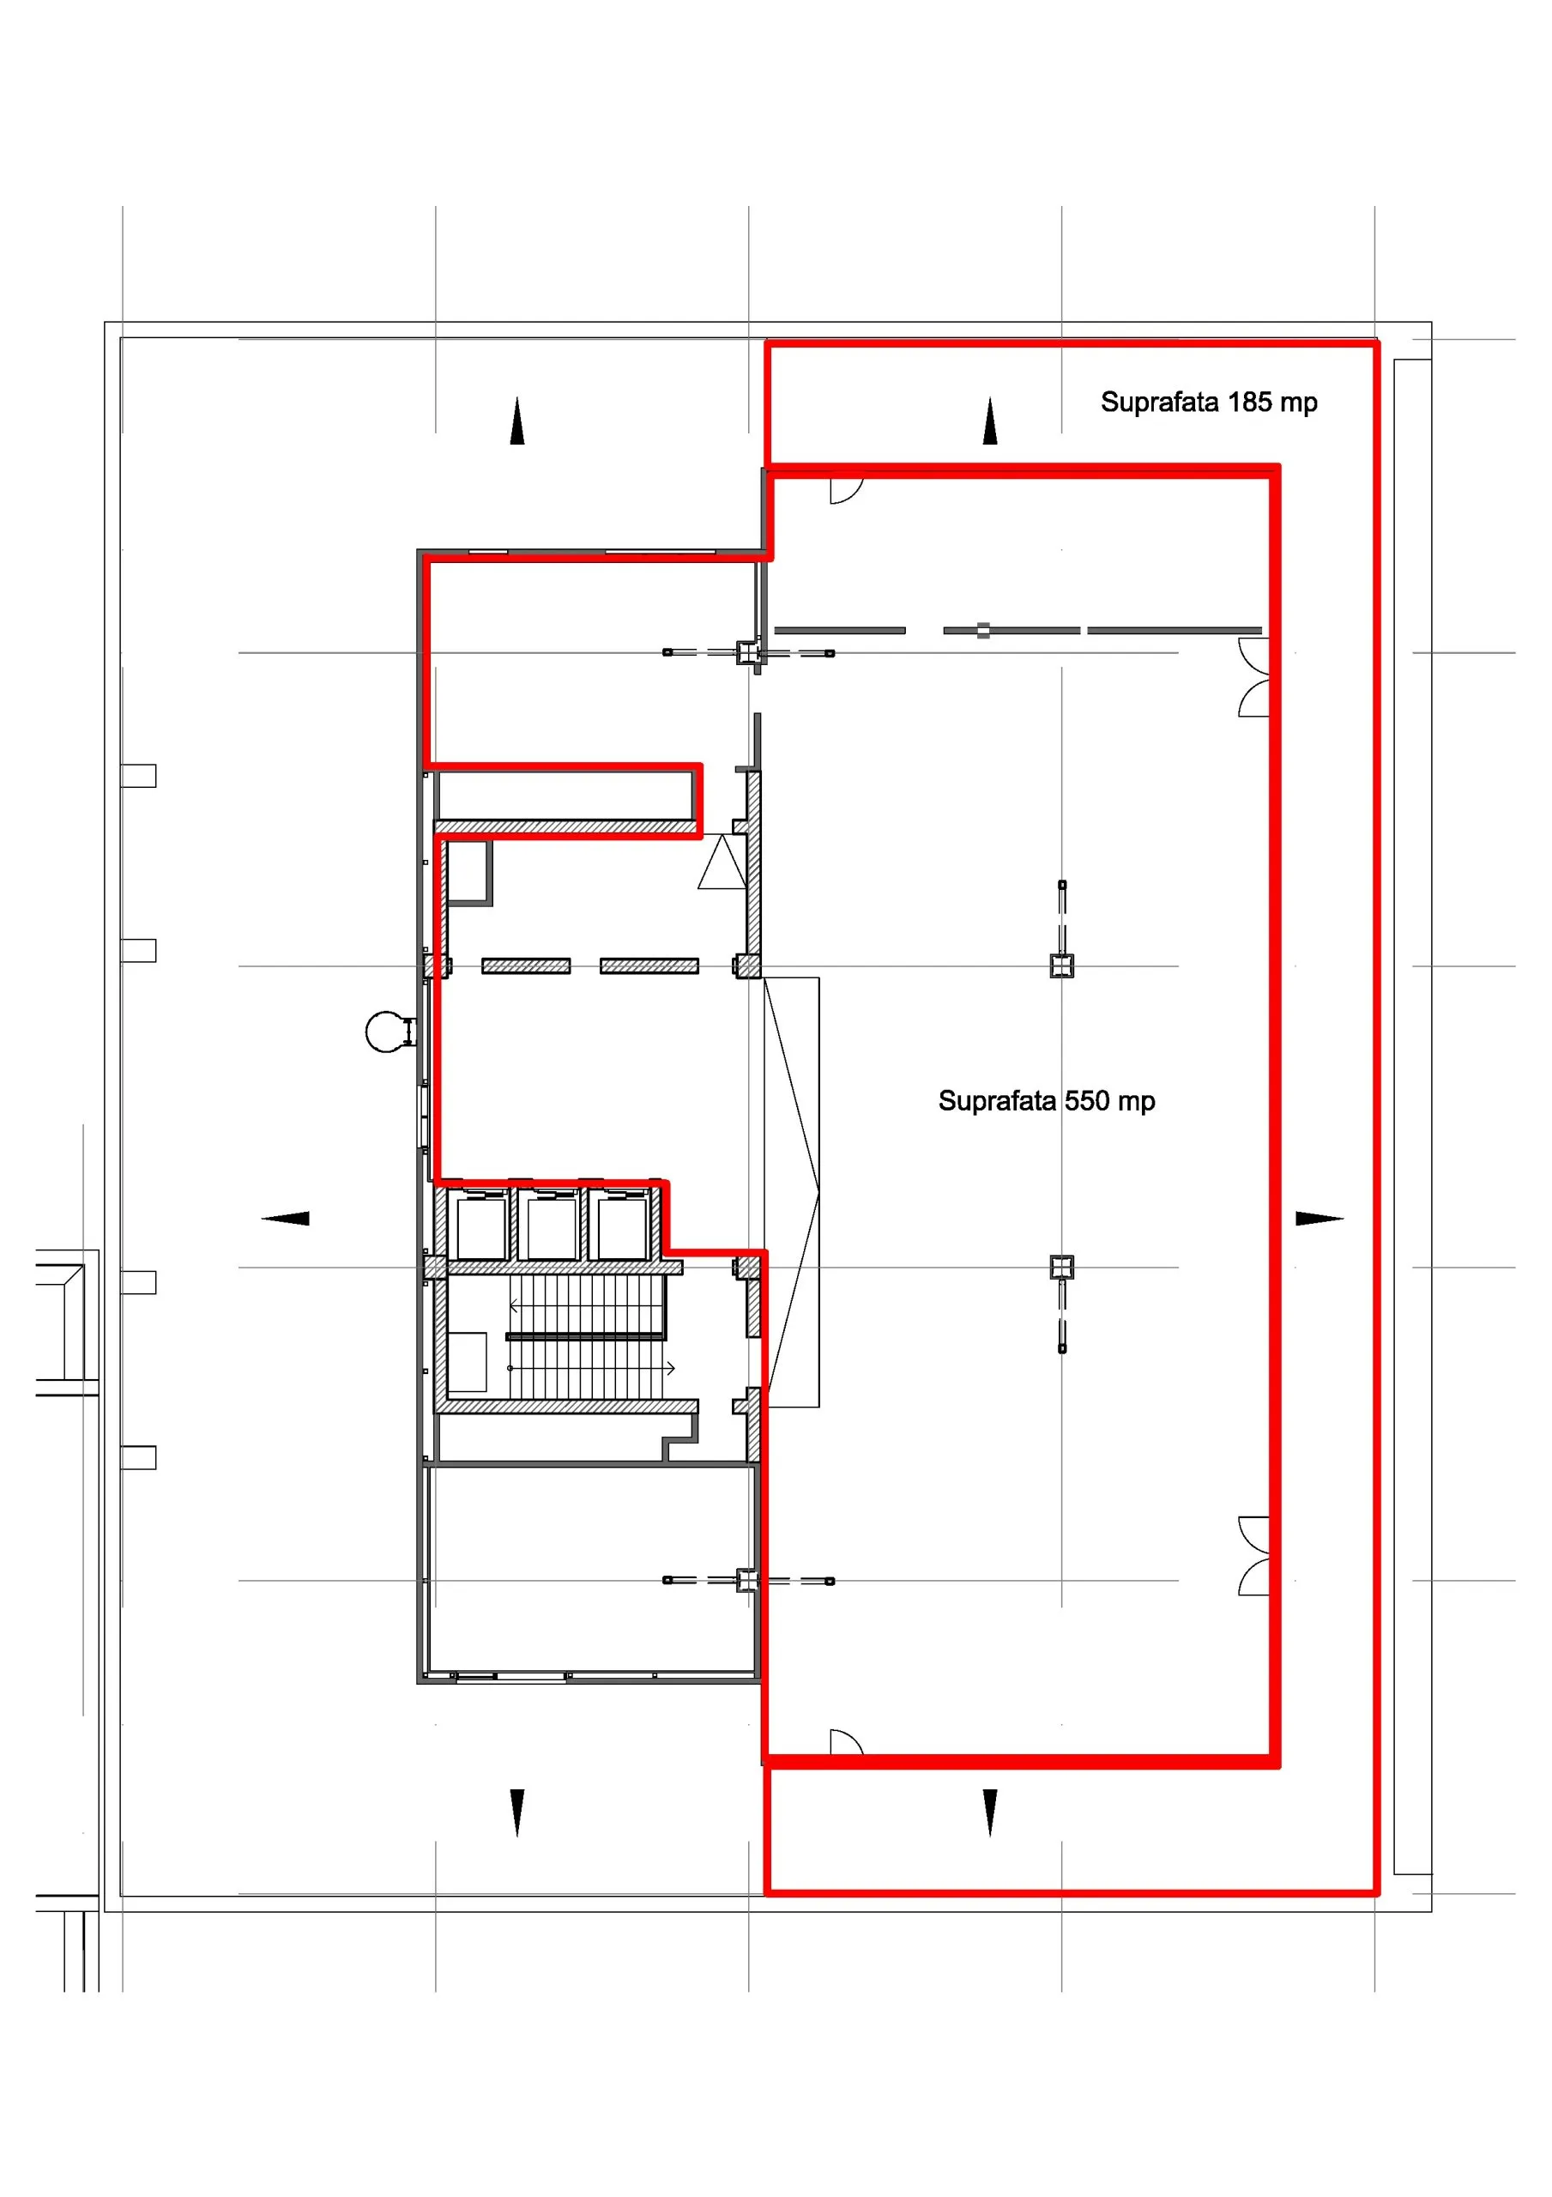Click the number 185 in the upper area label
pos(1250,402)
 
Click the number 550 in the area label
pos(1087,1100)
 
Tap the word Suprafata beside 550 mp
pos(997,1101)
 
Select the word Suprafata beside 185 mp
pos(1160,402)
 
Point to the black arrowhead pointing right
pos(1320,1218)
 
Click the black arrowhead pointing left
pos(285,1218)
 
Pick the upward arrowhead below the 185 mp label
pos(990,421)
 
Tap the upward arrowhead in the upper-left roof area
pos(517,421)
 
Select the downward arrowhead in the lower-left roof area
pos(517,1813)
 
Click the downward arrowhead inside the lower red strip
pos(990,1813)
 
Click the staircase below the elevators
pos(587,1336)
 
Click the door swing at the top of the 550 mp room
pos(847,491)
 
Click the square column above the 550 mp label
pos(1062,966)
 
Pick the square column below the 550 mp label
pos(1062,1268)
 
